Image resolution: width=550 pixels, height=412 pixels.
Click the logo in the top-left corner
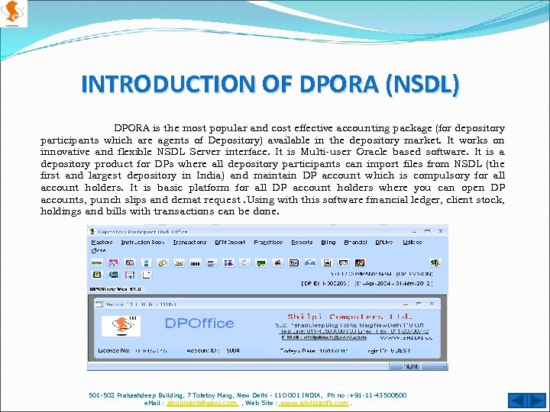pos(14,13)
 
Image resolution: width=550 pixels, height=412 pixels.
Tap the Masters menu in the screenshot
pos(102,242)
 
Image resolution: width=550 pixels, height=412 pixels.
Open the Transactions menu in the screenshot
pos(189,242)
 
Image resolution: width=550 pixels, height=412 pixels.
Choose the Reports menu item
pos(302,242)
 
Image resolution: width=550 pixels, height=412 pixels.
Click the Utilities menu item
pos(412,242)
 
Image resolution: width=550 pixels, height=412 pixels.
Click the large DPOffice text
pos(199,323)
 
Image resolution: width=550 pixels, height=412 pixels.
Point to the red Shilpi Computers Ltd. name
pos(350,316)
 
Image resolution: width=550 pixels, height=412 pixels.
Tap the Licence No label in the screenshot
pos(112,351)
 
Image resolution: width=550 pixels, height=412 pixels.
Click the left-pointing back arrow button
pos(516,400)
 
